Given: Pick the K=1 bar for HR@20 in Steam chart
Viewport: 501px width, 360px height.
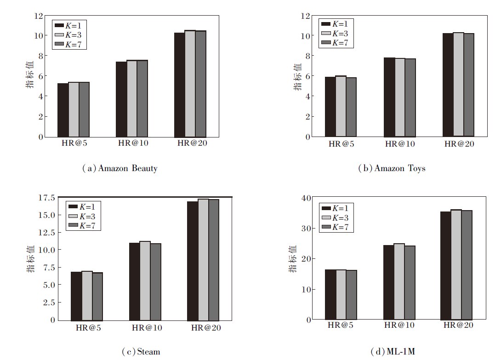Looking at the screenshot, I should point(192,261).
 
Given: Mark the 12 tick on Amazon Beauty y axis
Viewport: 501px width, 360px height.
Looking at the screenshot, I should point(38,16).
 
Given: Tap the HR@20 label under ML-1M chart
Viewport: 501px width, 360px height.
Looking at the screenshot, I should point(458,326).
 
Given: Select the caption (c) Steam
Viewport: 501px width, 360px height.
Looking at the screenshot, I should point(141,352).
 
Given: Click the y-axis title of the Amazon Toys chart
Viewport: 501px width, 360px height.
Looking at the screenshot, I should point(298,76).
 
